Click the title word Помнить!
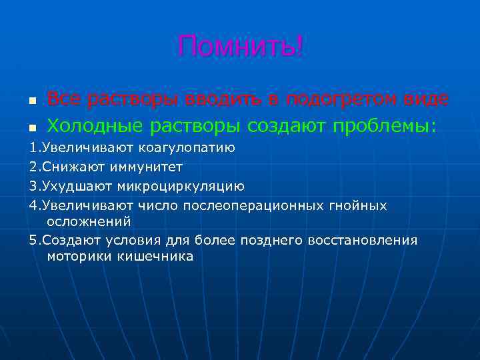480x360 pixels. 240,47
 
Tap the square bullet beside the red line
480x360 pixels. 31,101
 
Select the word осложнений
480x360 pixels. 89,221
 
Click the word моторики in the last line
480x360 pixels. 73,257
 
